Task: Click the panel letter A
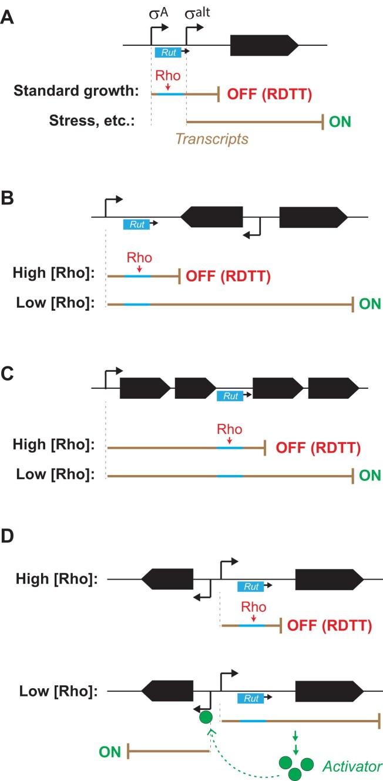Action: coord(7,16)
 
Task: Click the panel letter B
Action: coord(7,197)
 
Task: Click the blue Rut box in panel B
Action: coord(136,224)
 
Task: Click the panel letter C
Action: coord(7,374)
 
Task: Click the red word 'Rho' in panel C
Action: coord(229,429)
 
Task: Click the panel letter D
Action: coord(8,536)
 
